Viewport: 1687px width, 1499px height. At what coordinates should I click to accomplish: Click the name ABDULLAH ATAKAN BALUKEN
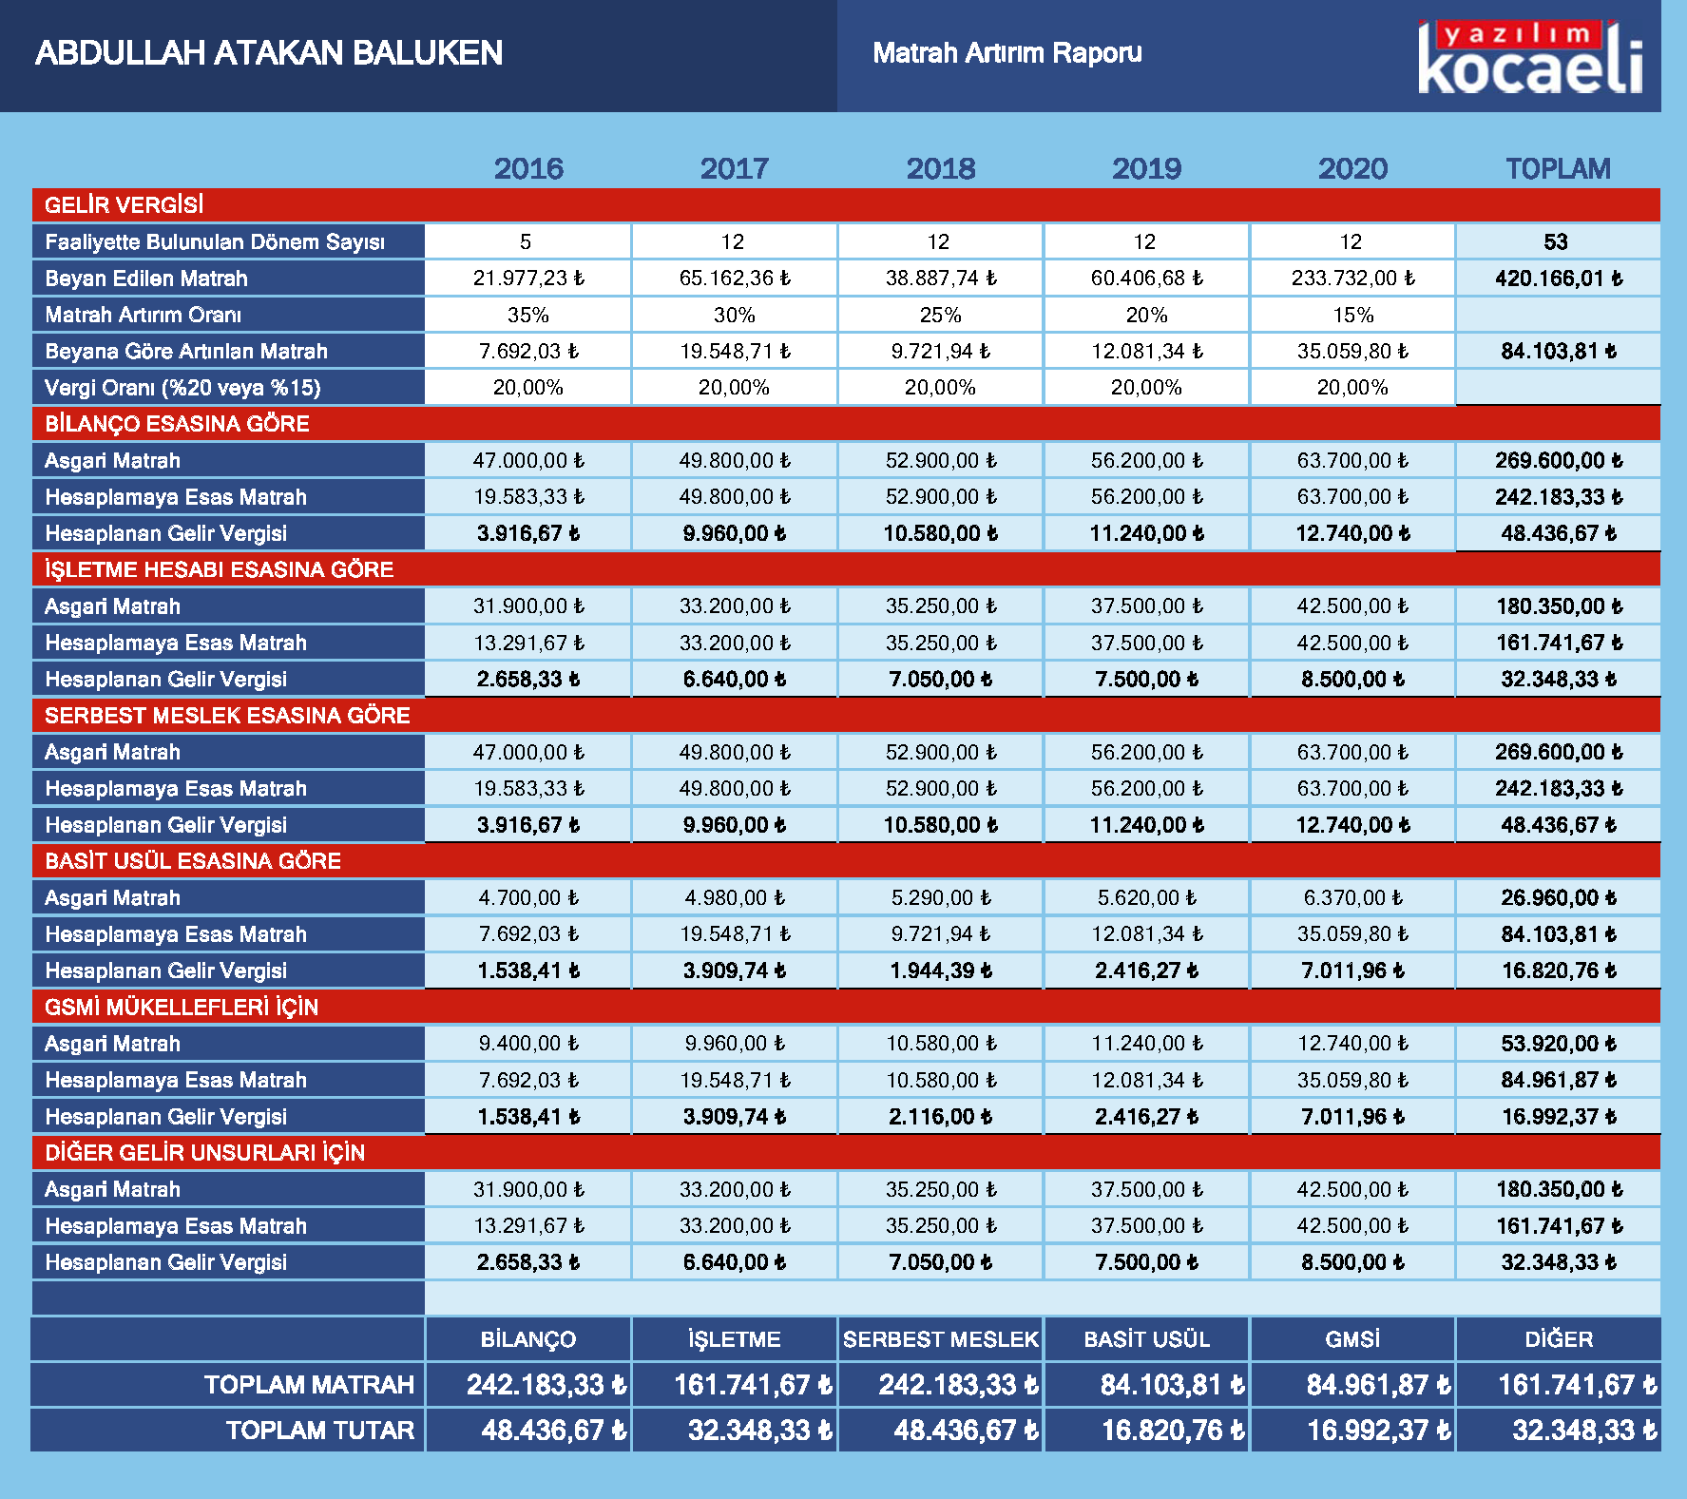[269, 53]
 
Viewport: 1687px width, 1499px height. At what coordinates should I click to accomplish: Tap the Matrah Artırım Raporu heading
[1007, 53]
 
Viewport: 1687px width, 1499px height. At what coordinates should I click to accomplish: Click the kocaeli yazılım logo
[1531, 57]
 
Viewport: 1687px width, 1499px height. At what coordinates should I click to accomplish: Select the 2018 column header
[941, 169]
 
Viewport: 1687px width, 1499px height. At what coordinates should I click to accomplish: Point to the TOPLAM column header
[1558, 169]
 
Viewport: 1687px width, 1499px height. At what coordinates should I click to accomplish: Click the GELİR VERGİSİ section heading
[125, 205]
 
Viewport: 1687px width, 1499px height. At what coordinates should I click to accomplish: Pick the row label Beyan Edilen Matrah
[146, 279]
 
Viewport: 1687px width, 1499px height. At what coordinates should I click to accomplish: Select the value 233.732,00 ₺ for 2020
[1352, 279]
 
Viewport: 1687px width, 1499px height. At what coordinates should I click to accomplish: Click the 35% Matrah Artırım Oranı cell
[528, 315]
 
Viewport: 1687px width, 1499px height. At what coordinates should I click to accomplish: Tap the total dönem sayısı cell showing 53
[1556, 242]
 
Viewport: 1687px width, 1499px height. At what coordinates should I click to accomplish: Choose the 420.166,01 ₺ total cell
[1559, 279]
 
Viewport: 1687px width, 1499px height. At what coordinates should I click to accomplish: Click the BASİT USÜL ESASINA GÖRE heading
[193, 861]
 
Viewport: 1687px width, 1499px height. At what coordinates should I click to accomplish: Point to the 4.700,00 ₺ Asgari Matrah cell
[528, 898]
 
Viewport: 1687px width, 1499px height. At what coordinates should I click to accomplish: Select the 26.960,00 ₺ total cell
[1559, 898]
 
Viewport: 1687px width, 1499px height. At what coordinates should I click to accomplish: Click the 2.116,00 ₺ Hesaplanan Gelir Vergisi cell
[941, 1117]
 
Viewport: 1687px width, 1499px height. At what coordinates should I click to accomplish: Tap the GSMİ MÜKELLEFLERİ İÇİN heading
[182, 1008]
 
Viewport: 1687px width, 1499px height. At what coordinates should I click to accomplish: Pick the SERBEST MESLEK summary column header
[941, 1339]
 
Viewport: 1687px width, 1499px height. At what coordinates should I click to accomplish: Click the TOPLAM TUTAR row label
[320, 1431]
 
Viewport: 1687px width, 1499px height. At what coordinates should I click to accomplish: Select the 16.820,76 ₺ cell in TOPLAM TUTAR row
[1173, 1431]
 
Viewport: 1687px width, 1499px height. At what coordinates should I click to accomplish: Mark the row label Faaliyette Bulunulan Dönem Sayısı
[215, 242]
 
